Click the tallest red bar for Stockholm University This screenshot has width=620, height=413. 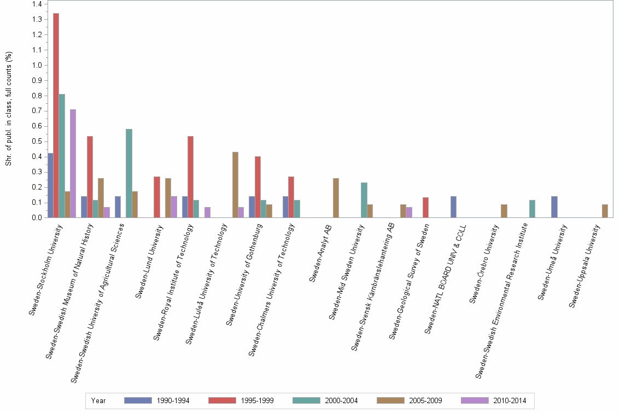pos(56,115)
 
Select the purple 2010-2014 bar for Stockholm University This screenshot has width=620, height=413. pos(73,163)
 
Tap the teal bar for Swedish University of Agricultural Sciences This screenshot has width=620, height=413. pos(129,173)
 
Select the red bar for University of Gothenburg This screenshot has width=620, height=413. pos(258,187)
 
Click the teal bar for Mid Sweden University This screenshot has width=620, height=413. pos(364,200)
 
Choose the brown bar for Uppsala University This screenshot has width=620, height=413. pos(605,211)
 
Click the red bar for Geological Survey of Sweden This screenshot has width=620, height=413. pos(425,207)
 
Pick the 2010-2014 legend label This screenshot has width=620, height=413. pos(510,400)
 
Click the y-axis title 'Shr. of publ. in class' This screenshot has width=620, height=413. pos(8,109)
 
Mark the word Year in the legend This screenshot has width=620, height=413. pos(99,400)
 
